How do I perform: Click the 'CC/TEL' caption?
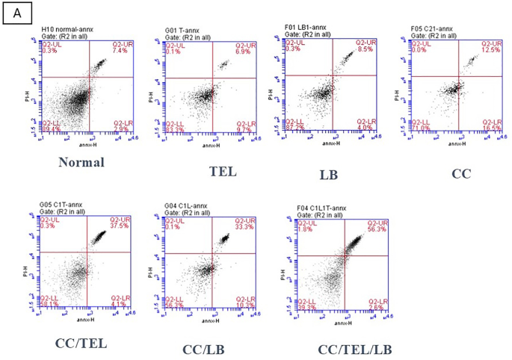(x=81, y=343)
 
